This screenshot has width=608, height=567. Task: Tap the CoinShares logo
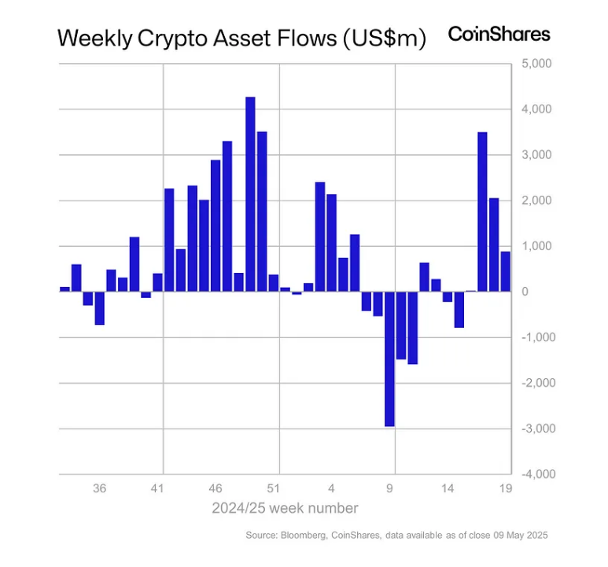click(499, 34)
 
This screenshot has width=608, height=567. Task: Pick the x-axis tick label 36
click(100, 488)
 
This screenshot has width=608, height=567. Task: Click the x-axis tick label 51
click(274, 488)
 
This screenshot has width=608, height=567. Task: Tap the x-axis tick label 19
click(506, 488)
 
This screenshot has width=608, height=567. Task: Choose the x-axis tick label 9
click(390, 488)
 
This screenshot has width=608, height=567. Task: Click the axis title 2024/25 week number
click(285, 508)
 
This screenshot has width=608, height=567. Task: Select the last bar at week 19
click(506, 271)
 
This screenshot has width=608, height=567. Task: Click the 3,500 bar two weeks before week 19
click(482, 212)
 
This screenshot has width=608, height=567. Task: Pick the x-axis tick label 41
click(158, 488)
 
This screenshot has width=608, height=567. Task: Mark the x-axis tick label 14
click(448, 488)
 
